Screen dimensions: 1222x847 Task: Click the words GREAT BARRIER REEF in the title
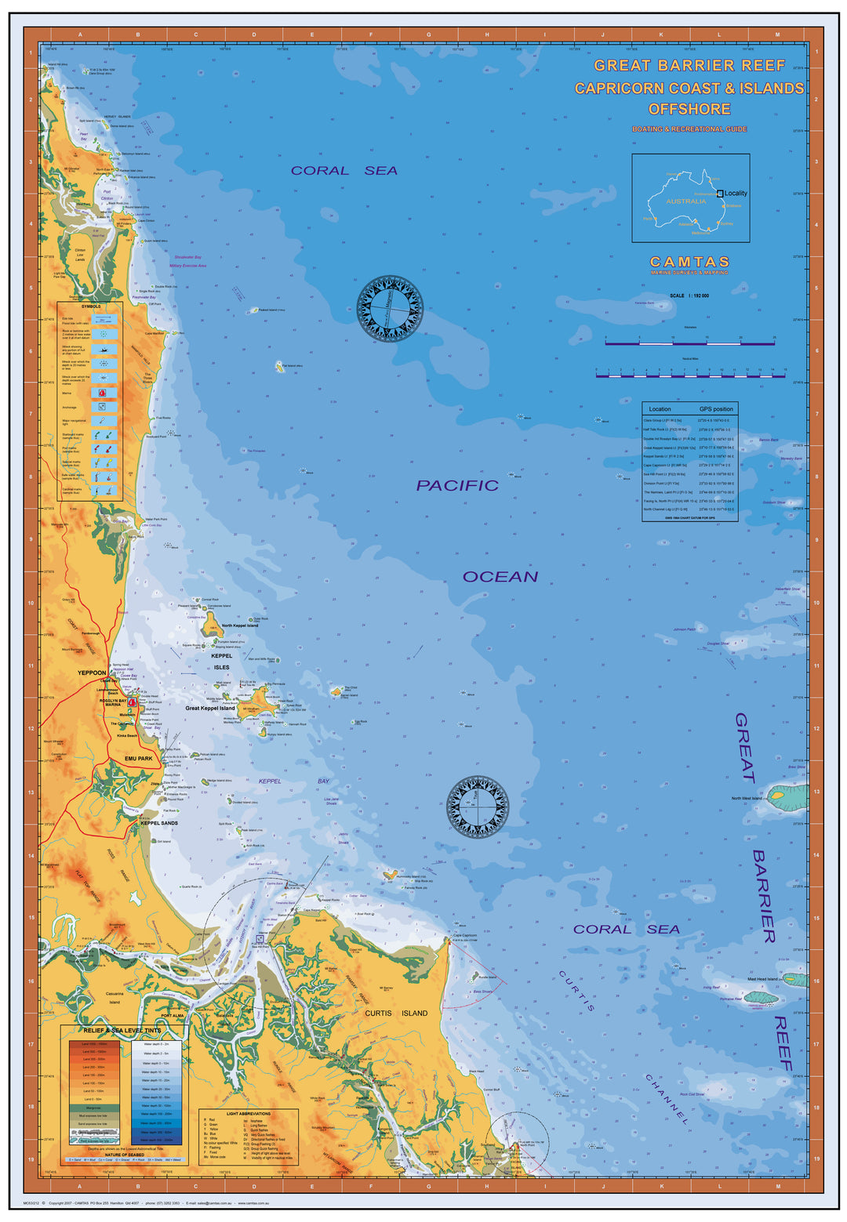pyautogui.click(x=689, y=66)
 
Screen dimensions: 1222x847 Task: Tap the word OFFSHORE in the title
pyautogui.click(x=689, y=109)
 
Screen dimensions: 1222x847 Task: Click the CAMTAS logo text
pyautogui.click(x=689, y=262)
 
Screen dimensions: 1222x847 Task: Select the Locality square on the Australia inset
pyautogui.click(x=720, y=193)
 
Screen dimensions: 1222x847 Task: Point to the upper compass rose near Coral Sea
pyautogui.click(x=390, y=308)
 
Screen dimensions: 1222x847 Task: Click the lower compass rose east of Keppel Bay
pyautogui.click(x=477, y=807)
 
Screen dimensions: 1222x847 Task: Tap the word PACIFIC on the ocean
pyautogui.click(x=457, y=486)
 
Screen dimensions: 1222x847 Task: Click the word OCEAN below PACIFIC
pyautogui.click(x=500, y=577)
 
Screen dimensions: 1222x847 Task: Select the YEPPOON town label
pyautogui.click(x=92, y=673)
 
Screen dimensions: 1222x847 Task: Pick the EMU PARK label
pyautogui.click(x=139, y=759)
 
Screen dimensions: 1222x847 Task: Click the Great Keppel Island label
pyautogui.click(x=209, y=708)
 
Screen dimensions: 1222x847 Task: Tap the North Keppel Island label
pyautogui.click(x=239, y=626)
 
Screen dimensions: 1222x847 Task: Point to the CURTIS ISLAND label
pyautogui.click(x=396, y=1013)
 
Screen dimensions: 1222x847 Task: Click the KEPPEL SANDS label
pyautogui.click(x=159, y=823)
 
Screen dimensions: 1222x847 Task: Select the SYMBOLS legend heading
pyautogui.click(x=91, y=306)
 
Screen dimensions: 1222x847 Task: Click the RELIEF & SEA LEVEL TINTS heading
pyautogui.click(x=122, y=1031)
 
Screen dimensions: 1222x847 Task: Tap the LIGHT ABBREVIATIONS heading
pyautogui.click(x=248, y=1113)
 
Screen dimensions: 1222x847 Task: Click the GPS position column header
pyautogui.click(x=716, y=409)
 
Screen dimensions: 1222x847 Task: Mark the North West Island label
pyautogui.click(x=746, y=798)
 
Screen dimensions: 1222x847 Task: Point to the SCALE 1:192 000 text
pyautogui.click(x=689, y=296)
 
